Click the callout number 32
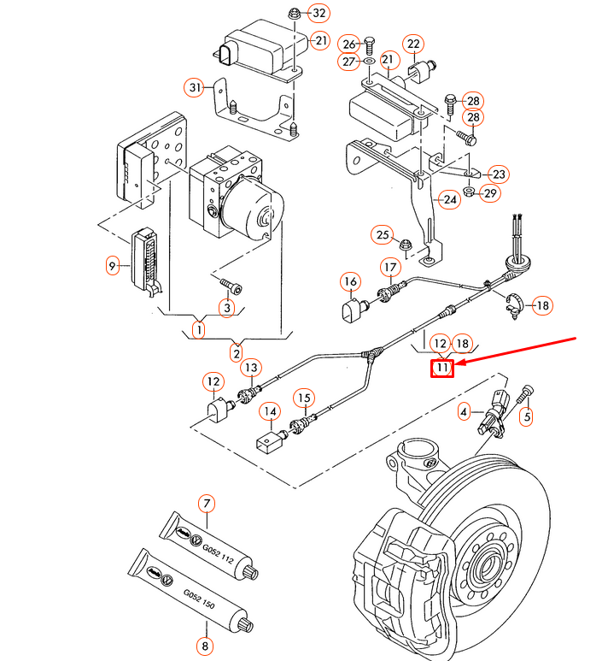pyautogui.click(x=319, y=13)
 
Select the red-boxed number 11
pyautogui.click(x=441, y=368)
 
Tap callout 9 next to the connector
pyautogui.click(x=112, y=266)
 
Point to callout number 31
pyautogui.click(x=194, y=86)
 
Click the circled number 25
pyautogui.click(x=383, y=235)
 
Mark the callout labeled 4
pyautogui.click(x=465, y=411)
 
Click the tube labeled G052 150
pyautogui.click(x=189, y=592)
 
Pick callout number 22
pyautogui.click(x=413, y=44)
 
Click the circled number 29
pyautogui.click(x=489, y=193)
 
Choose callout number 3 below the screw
pyautogui.click(x=226, y=307)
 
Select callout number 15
pyautogui.click(x=304, y=397)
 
